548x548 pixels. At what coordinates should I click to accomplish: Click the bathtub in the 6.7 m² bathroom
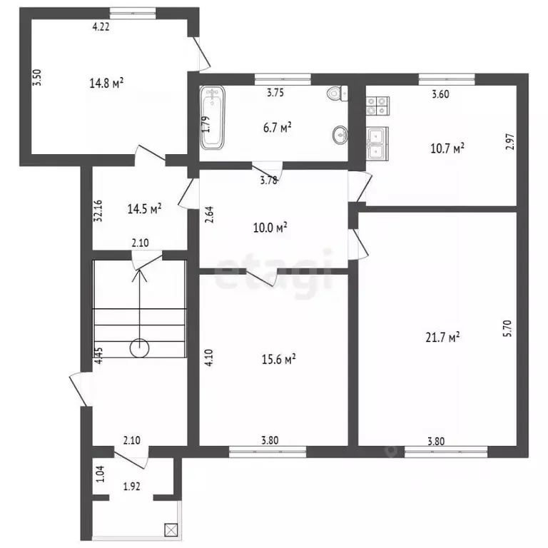(213, 118)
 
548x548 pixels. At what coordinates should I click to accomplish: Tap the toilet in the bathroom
(338, 93)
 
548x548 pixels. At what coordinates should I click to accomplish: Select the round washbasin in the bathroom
(340, 135)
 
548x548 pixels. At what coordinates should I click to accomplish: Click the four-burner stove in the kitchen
(377, 106)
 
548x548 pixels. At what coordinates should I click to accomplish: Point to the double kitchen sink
(377, 143)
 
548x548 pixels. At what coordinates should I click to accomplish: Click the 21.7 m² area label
(442, 338)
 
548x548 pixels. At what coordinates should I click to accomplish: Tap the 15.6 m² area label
(279, 359)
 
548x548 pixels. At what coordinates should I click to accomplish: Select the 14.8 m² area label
(106, 83)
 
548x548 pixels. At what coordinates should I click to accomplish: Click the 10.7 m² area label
(447, 148)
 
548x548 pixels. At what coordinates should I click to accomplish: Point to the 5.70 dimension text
(508, 328)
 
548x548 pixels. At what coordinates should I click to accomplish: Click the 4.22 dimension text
(101, 26)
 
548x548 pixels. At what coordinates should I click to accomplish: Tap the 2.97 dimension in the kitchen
(510, 141)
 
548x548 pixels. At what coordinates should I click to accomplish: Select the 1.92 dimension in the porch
(132, 486)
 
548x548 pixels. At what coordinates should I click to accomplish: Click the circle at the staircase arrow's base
(139, 348)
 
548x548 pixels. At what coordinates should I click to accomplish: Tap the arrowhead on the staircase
(139, 275)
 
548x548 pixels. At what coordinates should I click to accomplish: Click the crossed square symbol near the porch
(171, 530)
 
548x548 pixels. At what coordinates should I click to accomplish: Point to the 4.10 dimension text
(209, 357)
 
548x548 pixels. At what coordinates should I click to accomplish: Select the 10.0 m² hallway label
(270, 228)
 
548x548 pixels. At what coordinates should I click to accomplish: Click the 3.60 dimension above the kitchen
(440, 94)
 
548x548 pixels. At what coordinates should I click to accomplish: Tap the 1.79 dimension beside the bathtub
(206, 124)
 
